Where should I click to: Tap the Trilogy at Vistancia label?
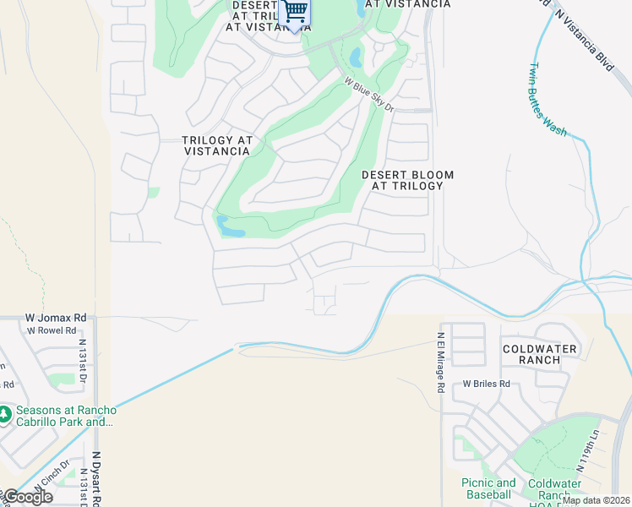(x=217, y=145)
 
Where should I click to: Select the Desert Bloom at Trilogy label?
(x=407, y=180)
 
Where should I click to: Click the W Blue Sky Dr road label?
(x=369, y=95)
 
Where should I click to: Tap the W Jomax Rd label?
(x=56, y=317)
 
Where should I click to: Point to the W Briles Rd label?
(x=487, y=384)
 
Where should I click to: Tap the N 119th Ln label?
(x=583, y=455)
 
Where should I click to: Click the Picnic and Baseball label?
(x=488, y=488)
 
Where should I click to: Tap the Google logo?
(x=27, y=497)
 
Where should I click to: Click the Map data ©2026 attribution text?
(x=595, y=500)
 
